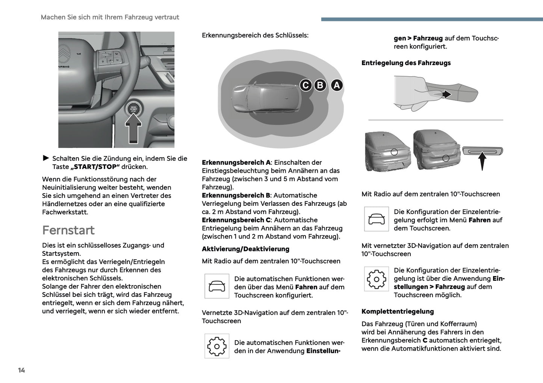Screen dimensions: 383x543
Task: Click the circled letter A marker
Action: [x=337, y=85]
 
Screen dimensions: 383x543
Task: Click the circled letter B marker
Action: [x=320, y=85]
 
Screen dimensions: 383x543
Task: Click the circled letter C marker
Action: [x=306, y=85]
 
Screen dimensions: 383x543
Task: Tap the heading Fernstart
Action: [x=68, y=230]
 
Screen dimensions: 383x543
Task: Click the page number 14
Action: [x=21, y=370]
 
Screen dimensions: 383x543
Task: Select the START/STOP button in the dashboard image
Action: [x=134, y=108]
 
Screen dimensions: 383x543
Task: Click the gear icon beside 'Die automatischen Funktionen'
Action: [x=217, y=346]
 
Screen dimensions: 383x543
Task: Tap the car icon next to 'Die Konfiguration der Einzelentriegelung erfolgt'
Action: [x=377, y=219]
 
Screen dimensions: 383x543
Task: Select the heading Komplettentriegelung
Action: [x=398, y=312]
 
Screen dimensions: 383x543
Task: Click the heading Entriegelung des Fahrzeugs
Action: [x=406, y=63]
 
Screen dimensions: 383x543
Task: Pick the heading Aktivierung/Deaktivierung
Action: [x=245, y=249]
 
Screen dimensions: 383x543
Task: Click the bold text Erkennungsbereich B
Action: [x=236, y=195]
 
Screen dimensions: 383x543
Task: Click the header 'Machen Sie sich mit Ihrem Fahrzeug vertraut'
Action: [x=110, y=17]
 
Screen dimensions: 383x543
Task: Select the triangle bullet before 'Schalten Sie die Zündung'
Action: [x=46, y=158]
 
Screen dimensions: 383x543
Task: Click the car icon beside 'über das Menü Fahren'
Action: [x=217, y=286]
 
